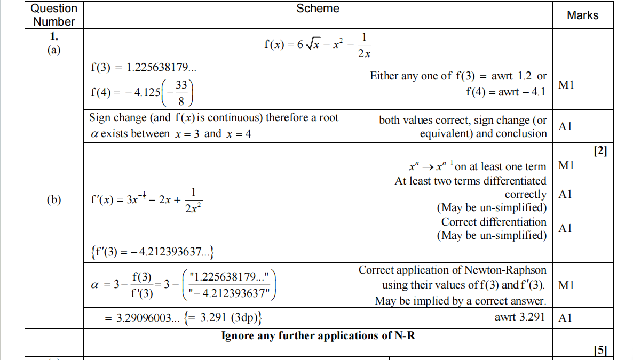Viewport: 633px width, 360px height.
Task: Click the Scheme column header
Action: pyautogui.click(x=318, y=9)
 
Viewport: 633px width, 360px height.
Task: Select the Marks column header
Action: pyautogui.click(x=582, y=15)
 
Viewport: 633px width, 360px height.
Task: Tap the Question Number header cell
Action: pyautogui.click(x=54, y=15)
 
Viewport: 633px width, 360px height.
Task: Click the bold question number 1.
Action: pyautogui.click(x=53, y=37)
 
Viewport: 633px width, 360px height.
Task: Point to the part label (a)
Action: pyautogui.click(x=53, y=50)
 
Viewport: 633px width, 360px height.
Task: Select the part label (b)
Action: pyautogui.click(x=53, y=199)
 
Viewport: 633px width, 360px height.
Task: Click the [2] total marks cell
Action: pyautogui.click(x=600, y=151)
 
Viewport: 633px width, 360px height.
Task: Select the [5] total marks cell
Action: pyautogui.click(x=600, y=350)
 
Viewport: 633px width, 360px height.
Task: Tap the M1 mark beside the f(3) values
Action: pyautogui.click(x=566, y=84)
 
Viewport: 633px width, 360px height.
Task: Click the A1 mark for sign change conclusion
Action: pyautogui.click(x=566, y=126)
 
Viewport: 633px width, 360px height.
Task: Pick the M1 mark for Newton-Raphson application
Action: pyautogui.click(x=566, y=285)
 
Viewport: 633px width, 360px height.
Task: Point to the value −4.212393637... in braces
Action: pyautogui.click(x=176, y=251)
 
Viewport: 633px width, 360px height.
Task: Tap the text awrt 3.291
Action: pyautogui.click(x=520, y=317)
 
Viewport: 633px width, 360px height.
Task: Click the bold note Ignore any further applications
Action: pyautogui.click(x=318, y=335)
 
